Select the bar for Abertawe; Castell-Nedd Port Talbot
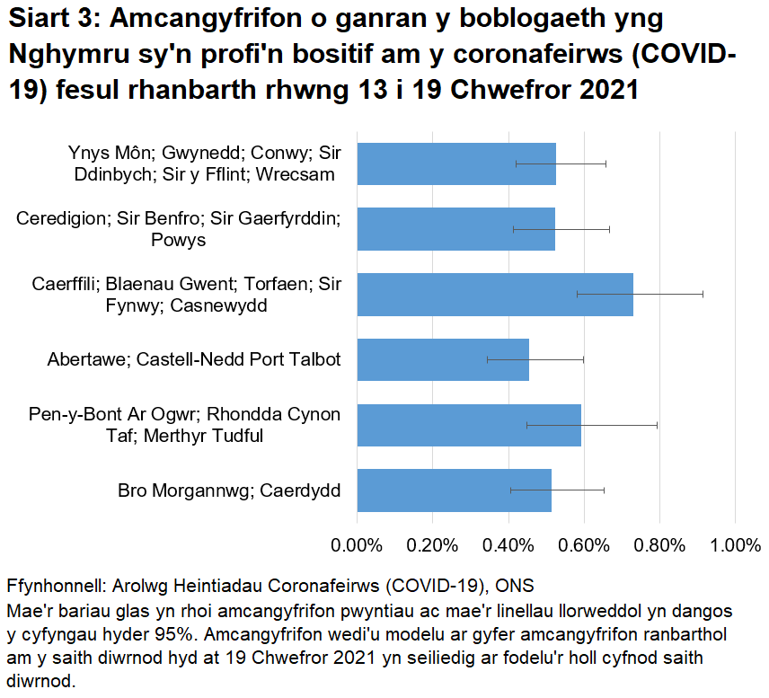[x=443, y=359]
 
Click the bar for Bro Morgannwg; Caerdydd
[x=454, y=490]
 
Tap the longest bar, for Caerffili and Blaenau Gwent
[x=495, y=294]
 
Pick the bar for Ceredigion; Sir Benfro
[x=455, y=229]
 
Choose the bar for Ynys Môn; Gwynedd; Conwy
[x=456, y=163]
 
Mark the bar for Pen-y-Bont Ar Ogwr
[x=469, y=425]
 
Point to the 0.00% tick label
[x=357, y=543]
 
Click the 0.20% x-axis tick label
[x=432, y=543]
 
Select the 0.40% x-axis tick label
[x=508, y=543]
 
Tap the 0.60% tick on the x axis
[x=584, y=543]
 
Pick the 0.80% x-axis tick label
[x=659, y=543]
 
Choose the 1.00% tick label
[x=735, y=543]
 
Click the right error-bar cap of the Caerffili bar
[x=703, y=294]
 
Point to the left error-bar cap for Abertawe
[x=487, y=359]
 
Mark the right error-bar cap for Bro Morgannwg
[x=604, y=490]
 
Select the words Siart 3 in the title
[x=53, y=20]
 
